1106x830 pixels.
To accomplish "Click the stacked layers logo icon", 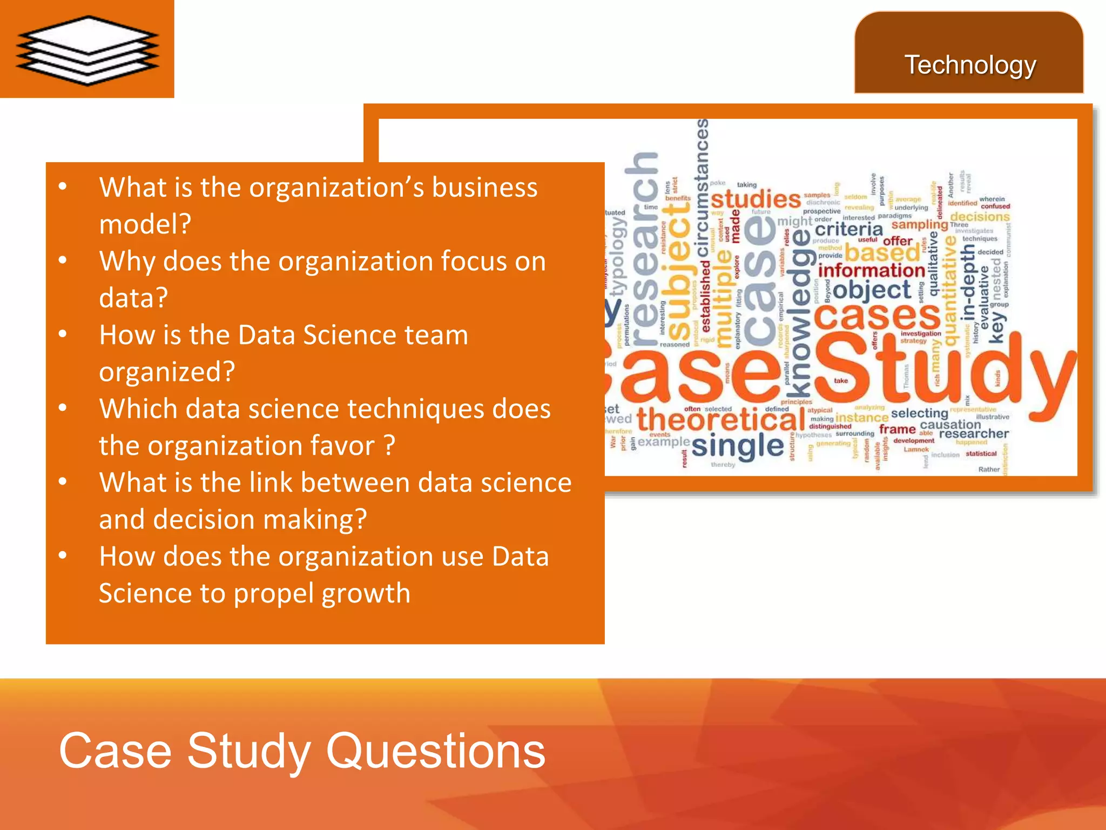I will click(x=87, y=50).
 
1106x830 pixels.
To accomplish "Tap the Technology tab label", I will click(x=970, y=65).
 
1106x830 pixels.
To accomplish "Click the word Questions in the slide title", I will click(x=436, y=751).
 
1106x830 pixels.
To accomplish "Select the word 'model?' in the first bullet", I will click(x=145, y=224).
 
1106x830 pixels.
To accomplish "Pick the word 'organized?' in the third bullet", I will click(x=167, y=372).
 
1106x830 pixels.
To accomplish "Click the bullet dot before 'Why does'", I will click(x=63, y=260).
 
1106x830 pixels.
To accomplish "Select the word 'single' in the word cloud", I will click(x=737, y=446).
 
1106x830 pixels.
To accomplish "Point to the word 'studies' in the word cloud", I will click(x=756, y=199).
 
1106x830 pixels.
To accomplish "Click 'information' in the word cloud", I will click(x=871, y=270).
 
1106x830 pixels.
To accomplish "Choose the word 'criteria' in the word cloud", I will click(x=848, y=229).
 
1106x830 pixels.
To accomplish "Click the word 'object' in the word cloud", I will click(x=872, y=290).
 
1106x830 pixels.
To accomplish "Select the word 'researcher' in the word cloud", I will click(x=974, y=433).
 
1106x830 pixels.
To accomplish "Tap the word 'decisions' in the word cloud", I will click(x=980, y=217).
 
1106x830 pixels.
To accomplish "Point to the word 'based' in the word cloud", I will click(x=882, y=252).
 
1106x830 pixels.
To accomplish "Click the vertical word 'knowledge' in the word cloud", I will click(x=801, y=313).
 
